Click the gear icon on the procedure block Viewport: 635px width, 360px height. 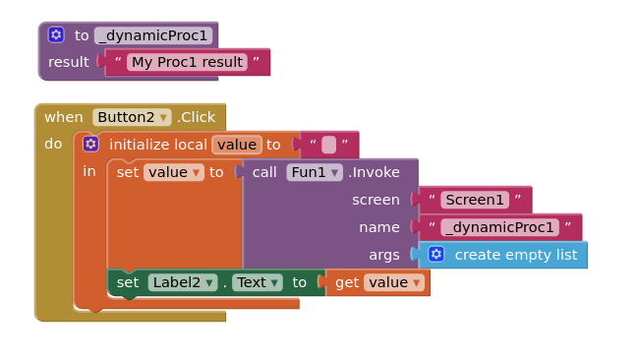click(56, 34)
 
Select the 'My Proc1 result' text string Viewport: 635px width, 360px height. click(187, 62)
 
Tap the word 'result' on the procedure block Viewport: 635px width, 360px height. click(69, 62)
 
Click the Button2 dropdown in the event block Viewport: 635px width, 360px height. click(132, 117)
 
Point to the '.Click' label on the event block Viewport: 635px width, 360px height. click(196, 117)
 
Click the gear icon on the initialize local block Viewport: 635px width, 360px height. click(90, 145)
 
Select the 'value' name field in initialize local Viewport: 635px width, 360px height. click(237, 145)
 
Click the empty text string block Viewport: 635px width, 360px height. click(328, 145)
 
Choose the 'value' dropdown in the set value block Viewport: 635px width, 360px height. click(173, 172)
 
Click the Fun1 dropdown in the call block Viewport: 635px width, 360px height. click(315, 172)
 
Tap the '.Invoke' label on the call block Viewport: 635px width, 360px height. click(374, 172)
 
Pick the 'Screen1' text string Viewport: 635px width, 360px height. click(475, 200)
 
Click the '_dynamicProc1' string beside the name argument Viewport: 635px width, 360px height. click(499, 227)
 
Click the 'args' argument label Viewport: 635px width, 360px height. click(384, 255)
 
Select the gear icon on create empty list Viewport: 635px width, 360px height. click(436, 255)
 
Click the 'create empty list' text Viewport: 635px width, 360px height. click(515, 255)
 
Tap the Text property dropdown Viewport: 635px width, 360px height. click(258, 282)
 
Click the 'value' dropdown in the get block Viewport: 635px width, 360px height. click(393, 282)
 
